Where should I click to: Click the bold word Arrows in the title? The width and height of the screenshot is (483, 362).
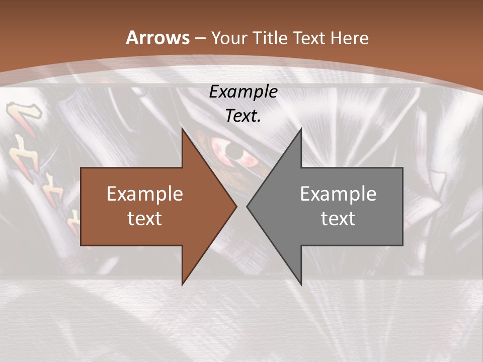point(157,38)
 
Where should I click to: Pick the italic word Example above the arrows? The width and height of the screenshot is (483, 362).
point(243,92)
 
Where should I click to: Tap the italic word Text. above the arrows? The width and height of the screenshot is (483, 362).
point(243,116)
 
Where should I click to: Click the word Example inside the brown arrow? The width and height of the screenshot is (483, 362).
point(145,194)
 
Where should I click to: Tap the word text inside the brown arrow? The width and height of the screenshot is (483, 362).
point(145,218)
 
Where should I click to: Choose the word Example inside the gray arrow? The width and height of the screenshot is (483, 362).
point(338,194)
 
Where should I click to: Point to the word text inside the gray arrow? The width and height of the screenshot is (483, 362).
point(338,218)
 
